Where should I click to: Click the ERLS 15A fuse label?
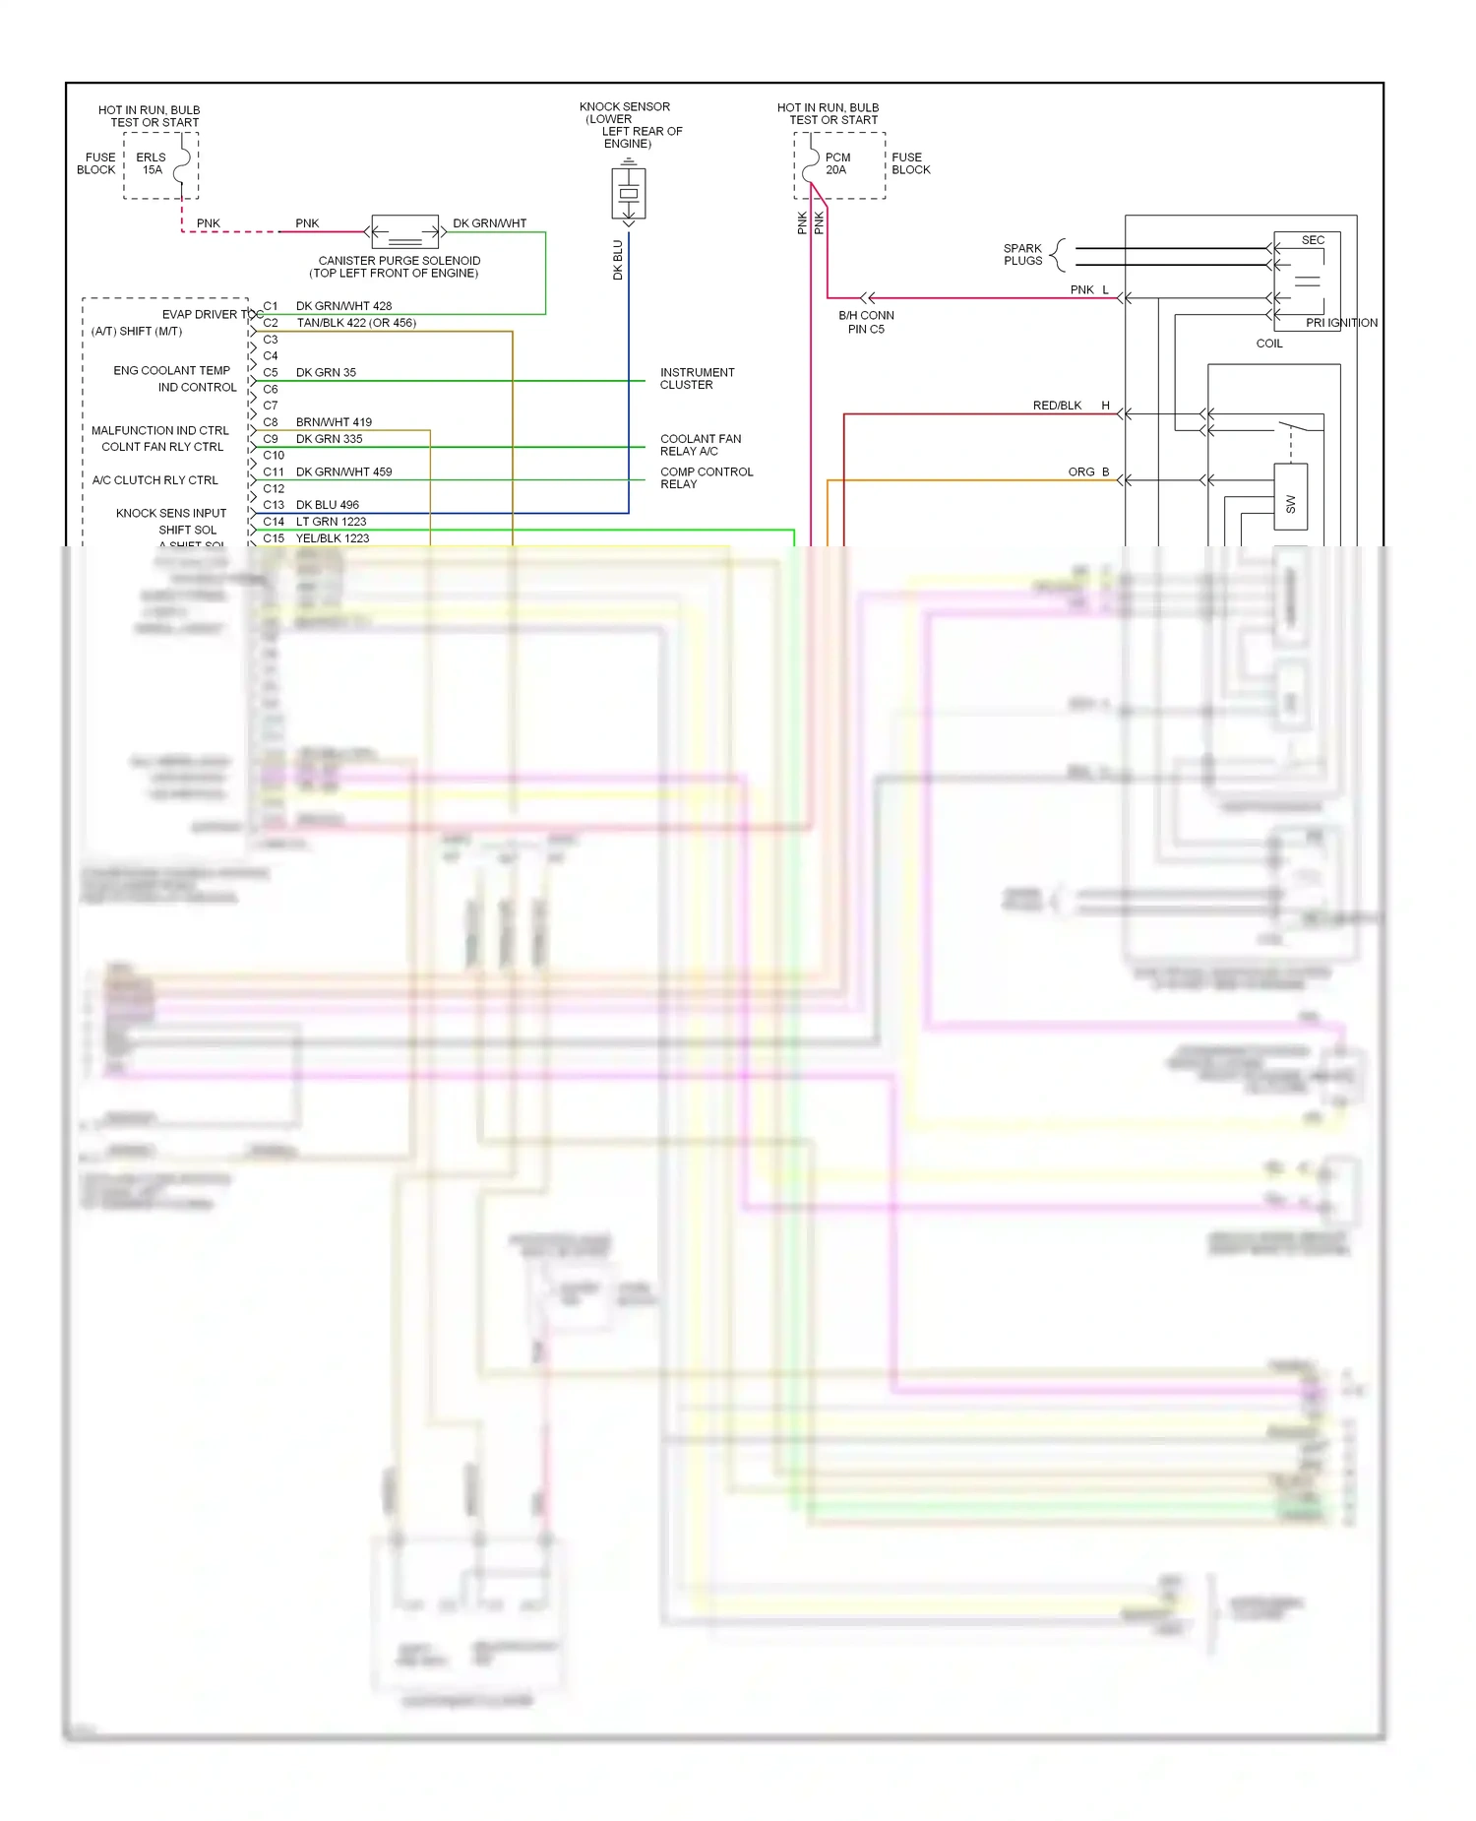(151, 163)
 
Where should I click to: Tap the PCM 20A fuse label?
(837, 163)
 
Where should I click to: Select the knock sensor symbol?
(629, 193)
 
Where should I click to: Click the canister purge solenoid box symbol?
(404, 232)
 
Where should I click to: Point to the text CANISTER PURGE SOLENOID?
(399, 261)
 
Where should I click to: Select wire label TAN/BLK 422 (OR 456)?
(356, 323)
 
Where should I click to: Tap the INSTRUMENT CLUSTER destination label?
(697, 379)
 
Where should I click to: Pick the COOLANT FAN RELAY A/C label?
(701, 445)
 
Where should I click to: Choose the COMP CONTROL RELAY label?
(707, 478)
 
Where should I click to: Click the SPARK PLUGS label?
(1022, 255)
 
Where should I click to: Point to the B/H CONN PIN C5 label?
(866, 323)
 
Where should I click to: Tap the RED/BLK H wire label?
(1070, 406)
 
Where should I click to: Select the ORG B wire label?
(1087, 472)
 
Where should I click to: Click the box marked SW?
(1290, 497)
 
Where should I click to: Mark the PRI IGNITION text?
(1341, 323)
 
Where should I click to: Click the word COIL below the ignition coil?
(1269, 344)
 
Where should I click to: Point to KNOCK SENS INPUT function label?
(171, 513)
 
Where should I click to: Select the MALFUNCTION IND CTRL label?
(159, 430)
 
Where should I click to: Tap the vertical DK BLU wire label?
(618, 260)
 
